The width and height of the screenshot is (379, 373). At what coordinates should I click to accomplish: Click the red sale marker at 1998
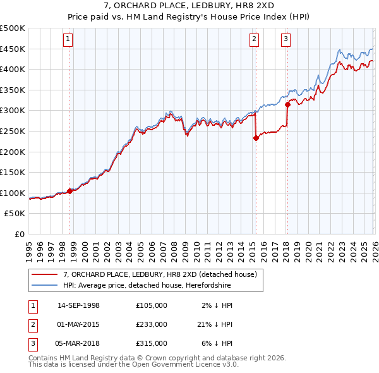69,191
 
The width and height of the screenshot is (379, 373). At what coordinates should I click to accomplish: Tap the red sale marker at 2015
256,138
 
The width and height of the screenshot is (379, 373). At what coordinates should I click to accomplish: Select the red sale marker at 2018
287,105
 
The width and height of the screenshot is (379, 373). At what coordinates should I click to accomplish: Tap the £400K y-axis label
13,70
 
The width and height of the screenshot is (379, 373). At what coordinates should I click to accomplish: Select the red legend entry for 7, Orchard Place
160,275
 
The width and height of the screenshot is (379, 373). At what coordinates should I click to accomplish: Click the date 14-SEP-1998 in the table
78,305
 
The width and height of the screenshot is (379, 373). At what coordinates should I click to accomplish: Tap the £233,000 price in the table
151,324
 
